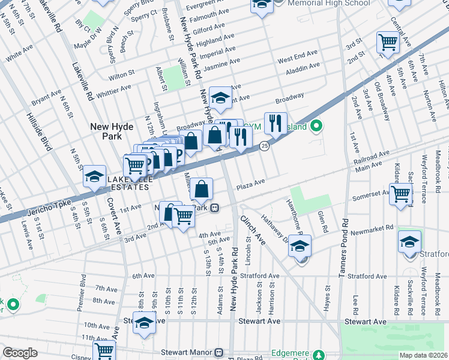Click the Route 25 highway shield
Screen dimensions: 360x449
pyautogui.click(x=264, y=146)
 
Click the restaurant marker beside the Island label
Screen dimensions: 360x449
pyautogui.click(x=276, y=123)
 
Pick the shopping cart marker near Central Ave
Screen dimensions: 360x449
pyautogui.click(x=388, y=42)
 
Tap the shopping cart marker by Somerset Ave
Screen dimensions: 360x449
pyautogui.click(x=400, y=194)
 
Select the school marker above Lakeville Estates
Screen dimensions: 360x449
pyautogui.click(x=94, y=176)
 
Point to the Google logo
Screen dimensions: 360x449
pyautogui.click(x=20, y=353)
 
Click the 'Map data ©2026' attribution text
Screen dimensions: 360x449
pyautogui.click(x=424, y=355)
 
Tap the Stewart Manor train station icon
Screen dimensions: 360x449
pyautogui.click(x=219, y=352)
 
